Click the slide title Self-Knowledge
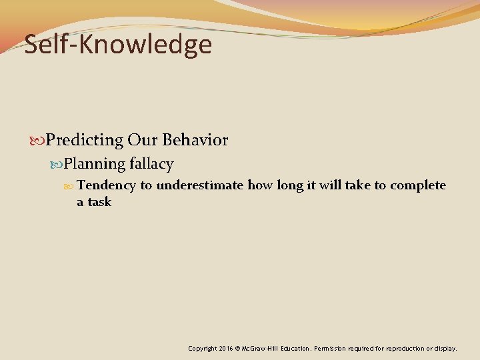click(118, 45)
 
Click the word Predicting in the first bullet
click(85, 141)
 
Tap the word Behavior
click(195, 141)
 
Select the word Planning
click(95, 164)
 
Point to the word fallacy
click(151, 164)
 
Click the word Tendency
click(106, 185)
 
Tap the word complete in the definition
click(418, 185)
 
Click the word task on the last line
click(99, 202)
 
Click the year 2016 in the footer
click(226, 348)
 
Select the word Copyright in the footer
click(203, 348)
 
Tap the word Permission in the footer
click(332, 348)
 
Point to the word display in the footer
click(445, 348)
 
